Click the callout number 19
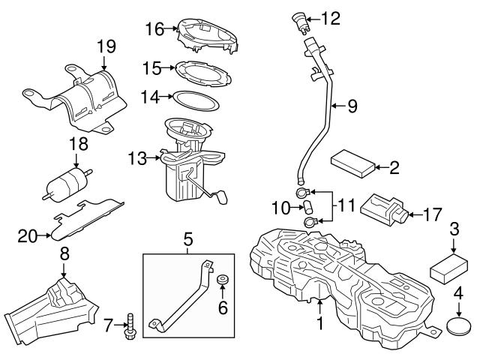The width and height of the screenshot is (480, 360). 105,47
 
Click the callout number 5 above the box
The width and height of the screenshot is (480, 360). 187,240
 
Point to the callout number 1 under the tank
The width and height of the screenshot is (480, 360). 319,325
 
